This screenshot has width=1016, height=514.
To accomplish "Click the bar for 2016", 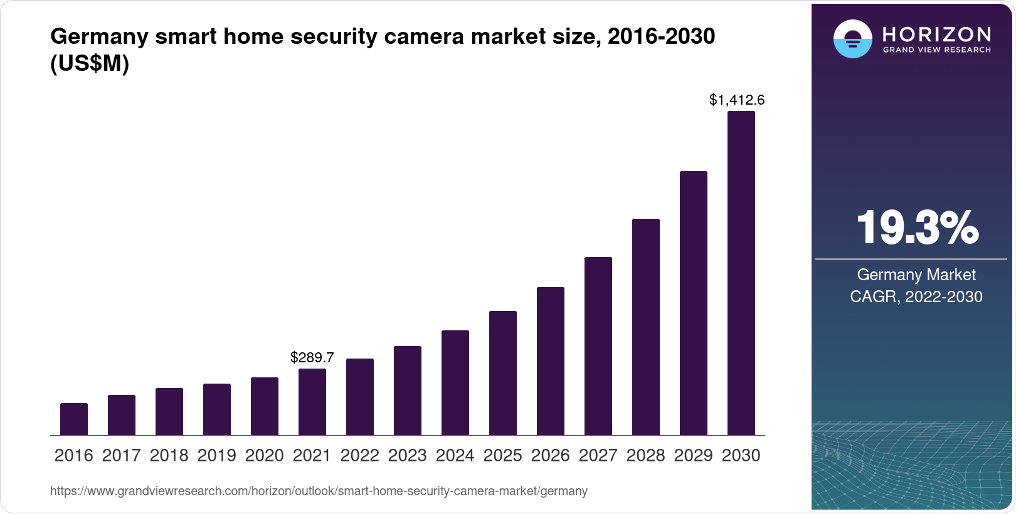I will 74,419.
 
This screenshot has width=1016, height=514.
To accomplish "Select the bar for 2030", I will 741,273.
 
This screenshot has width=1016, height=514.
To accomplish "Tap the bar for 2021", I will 312,402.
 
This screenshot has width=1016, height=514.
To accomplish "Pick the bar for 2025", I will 503,373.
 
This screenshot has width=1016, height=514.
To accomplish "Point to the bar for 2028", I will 646,327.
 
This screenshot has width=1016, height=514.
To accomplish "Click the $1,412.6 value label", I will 737,100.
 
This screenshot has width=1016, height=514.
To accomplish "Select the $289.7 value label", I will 312,357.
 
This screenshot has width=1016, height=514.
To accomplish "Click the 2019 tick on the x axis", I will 216,456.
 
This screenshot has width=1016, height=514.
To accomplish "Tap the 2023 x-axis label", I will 407,456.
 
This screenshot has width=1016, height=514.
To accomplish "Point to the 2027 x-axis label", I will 598,456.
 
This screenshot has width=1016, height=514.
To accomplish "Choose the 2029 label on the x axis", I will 693,456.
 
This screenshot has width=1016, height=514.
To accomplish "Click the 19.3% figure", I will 916,228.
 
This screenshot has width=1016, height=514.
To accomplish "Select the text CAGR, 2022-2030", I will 916,296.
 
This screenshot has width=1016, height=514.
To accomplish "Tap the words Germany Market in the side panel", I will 916,275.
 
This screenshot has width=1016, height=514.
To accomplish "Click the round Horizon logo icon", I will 852,39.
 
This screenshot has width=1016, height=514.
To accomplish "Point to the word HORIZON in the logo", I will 936,34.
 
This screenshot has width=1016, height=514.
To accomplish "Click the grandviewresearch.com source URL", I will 319,491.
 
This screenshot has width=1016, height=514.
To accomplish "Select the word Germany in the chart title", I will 100,36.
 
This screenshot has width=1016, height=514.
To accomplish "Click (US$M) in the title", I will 89,63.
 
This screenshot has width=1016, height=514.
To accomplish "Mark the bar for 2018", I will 169,411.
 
